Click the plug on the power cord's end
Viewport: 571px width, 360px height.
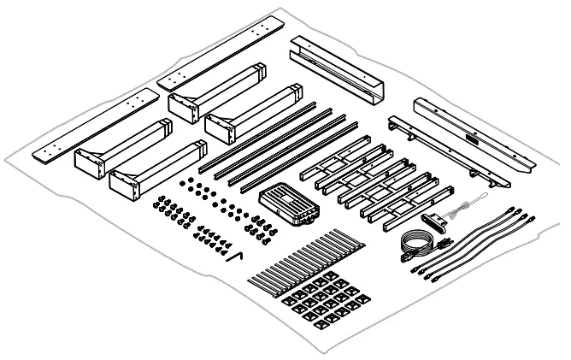click(x=444, y=245)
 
